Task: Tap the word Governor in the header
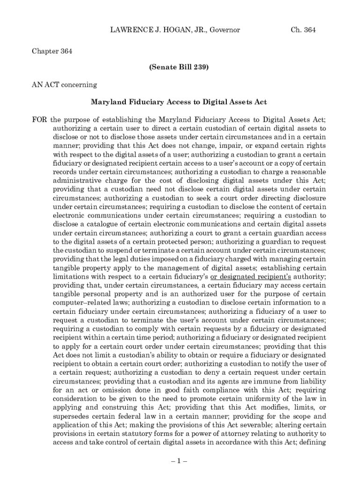224,30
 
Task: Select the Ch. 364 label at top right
303,30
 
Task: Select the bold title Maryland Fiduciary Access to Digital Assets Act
179,102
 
